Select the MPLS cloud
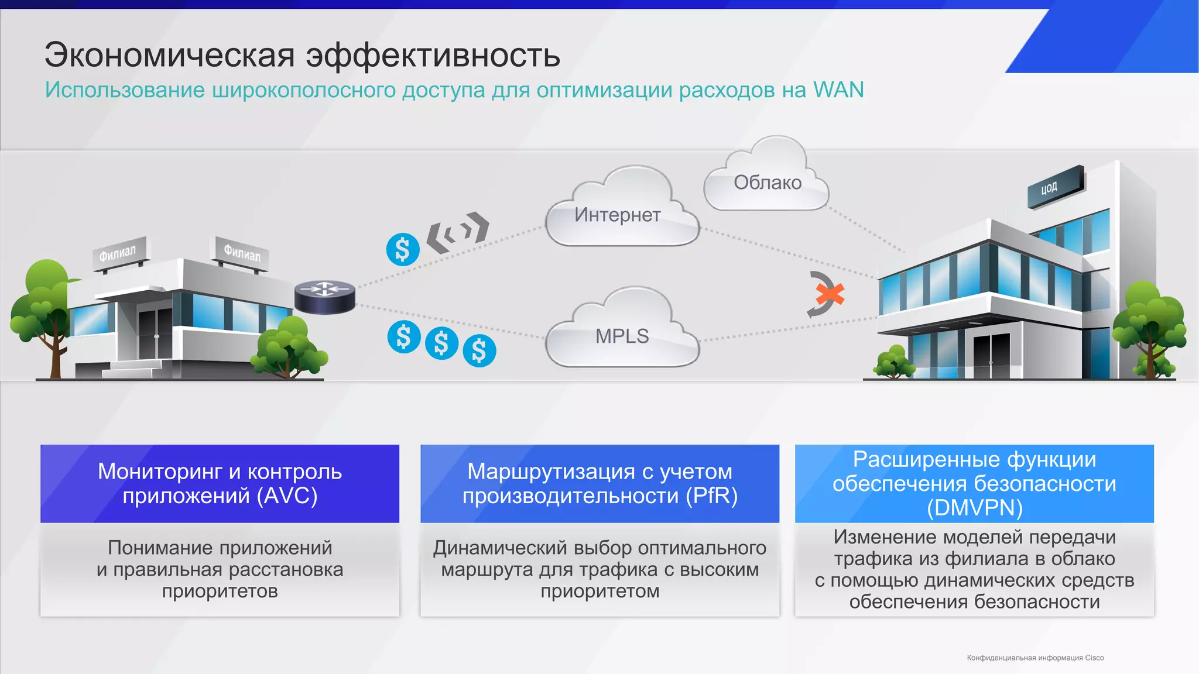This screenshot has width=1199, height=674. pyautogui.click(x=622, y=336)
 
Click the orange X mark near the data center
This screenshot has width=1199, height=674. pyautogui.click(x=830, y=294)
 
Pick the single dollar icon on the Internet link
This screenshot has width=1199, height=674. pyautogui.click(x=403, y=249)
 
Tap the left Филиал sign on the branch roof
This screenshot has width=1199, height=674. pyautogui.click(x=119, y=253)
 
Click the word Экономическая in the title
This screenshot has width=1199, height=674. pyautogui.click(x=169, y=55)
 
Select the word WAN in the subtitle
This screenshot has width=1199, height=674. pyautogui.click(x=838, y=90)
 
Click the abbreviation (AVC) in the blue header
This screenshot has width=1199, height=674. pyautogui.click(x=287, y=496)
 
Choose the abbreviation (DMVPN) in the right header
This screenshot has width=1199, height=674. pyautogui.click(x=974, y=508)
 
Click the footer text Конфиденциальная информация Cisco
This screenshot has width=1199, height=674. pyautogui.click(x=1035, y=658)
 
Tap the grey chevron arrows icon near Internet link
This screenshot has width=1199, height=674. pyautogui.click(x=457, y=232)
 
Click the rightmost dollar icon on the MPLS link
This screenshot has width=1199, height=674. pyautogui.click(x=479, y=351)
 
